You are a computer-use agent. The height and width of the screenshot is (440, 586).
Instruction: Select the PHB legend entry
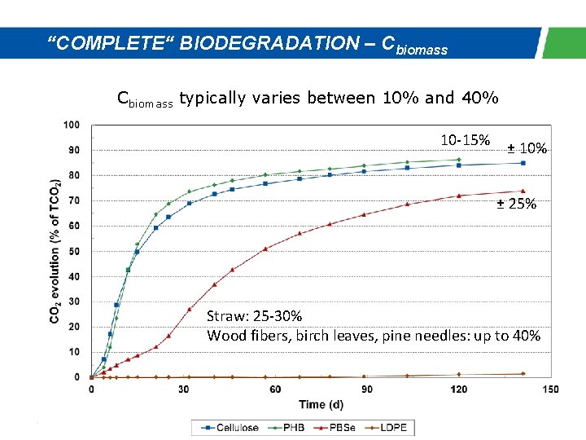[x=286, y=427]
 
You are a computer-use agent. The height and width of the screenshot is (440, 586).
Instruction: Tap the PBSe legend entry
[x=335, y=427]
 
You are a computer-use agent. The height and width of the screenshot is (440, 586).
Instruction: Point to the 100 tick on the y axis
[x=72, y=125]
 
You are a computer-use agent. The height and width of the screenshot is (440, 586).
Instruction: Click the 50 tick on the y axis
[x=74, y=251]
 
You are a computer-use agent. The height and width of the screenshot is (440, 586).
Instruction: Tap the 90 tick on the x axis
[x=367, y=389]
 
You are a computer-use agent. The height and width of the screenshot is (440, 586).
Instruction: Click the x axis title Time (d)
[x=321, y=404]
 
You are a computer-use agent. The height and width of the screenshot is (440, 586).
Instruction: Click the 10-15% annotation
[x=465, y=139]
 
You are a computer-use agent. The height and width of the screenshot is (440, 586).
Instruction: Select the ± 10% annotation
[x=527, y=148]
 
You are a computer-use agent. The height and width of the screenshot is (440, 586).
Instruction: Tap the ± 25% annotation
[x=517, y=204]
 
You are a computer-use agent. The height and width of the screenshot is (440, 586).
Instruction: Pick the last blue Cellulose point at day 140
[x=523, y=163]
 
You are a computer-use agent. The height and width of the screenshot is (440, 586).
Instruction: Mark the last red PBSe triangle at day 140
[x=523, y=191]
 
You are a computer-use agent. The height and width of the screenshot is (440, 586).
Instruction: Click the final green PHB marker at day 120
[x=459, y=160]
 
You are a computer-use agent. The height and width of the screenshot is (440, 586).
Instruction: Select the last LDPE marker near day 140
[x=523, y=373]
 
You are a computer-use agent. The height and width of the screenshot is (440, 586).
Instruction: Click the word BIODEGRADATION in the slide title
[x=267, y=43]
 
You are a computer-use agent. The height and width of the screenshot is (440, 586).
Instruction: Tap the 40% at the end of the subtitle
[x=480, y=99]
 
